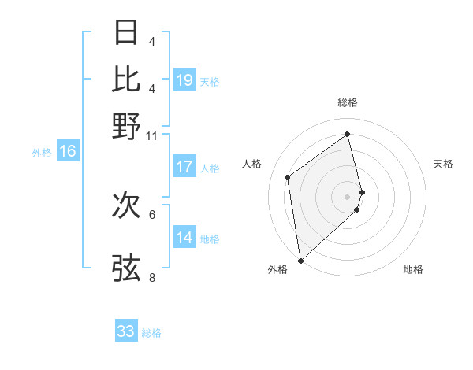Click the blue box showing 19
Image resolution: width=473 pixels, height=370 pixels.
[x=184, y=80]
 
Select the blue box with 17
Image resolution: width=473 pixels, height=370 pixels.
[x=184, y=167]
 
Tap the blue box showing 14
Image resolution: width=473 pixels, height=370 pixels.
[x=184, y=238]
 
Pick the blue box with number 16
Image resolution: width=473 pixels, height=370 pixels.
[x=68, y=152]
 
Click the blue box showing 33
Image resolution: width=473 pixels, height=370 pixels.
[x=126, y=331]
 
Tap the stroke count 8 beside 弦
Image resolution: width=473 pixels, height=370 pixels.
[x=152, y=277]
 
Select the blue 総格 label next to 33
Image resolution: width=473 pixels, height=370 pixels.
[x=152, y=333]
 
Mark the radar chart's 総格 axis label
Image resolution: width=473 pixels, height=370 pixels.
[x=348, y=102]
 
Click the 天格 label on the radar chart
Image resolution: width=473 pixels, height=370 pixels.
[x=443, y=164]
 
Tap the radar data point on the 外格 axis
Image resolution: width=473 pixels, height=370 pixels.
[x=300, y=261]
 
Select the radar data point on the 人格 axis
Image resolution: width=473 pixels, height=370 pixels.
[x=288, y=177]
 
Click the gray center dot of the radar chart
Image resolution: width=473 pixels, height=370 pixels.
[x=348, y=196]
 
